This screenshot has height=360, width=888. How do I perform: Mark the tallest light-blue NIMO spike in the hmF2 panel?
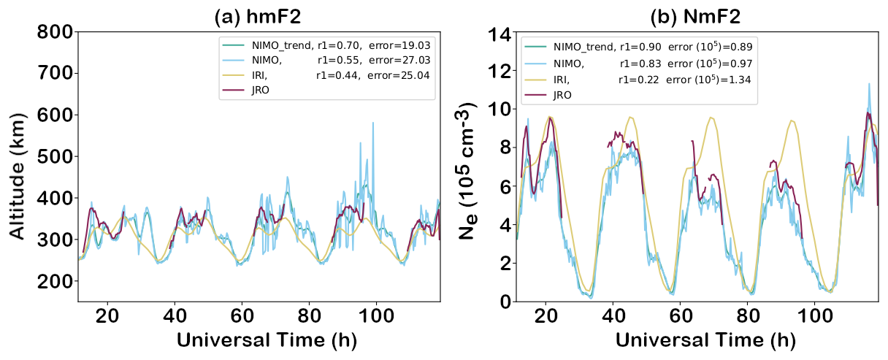(373, 123)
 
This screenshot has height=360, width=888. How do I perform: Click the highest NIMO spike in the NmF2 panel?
(869, 84)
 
